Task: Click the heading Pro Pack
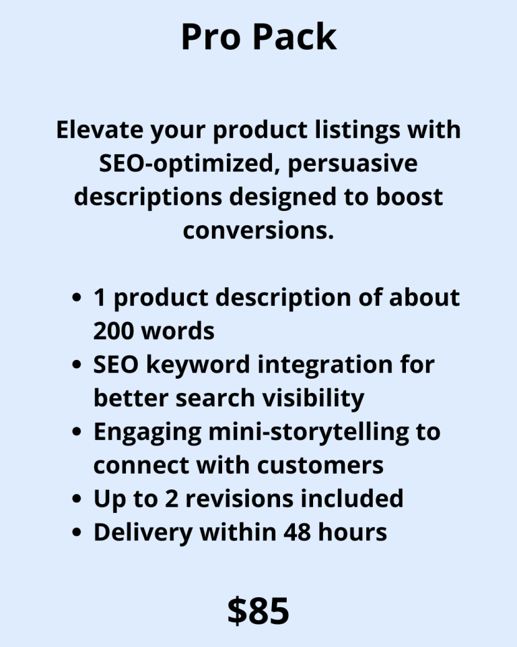click(x=258, y=37)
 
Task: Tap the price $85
click(x=258, y=611)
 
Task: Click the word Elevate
click(x=100, y=129)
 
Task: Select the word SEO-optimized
click(x=186, y=163)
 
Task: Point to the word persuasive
click(x=353, y=163)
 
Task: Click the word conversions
click(x=258, y=230)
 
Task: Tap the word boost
click(x=409, y=196)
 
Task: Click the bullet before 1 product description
click(x=76, y=297)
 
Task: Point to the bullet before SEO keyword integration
click(x=76, y=365)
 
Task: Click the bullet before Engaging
click(x=76, y=431)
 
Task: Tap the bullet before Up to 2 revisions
click(x=76, y=499)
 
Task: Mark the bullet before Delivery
click(x=76, y=532)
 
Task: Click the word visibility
click(x=313, y=398)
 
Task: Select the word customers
click(x=320, y=466)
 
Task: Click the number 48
click(x=297, y=532)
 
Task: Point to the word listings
click(x=357, y=129)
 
